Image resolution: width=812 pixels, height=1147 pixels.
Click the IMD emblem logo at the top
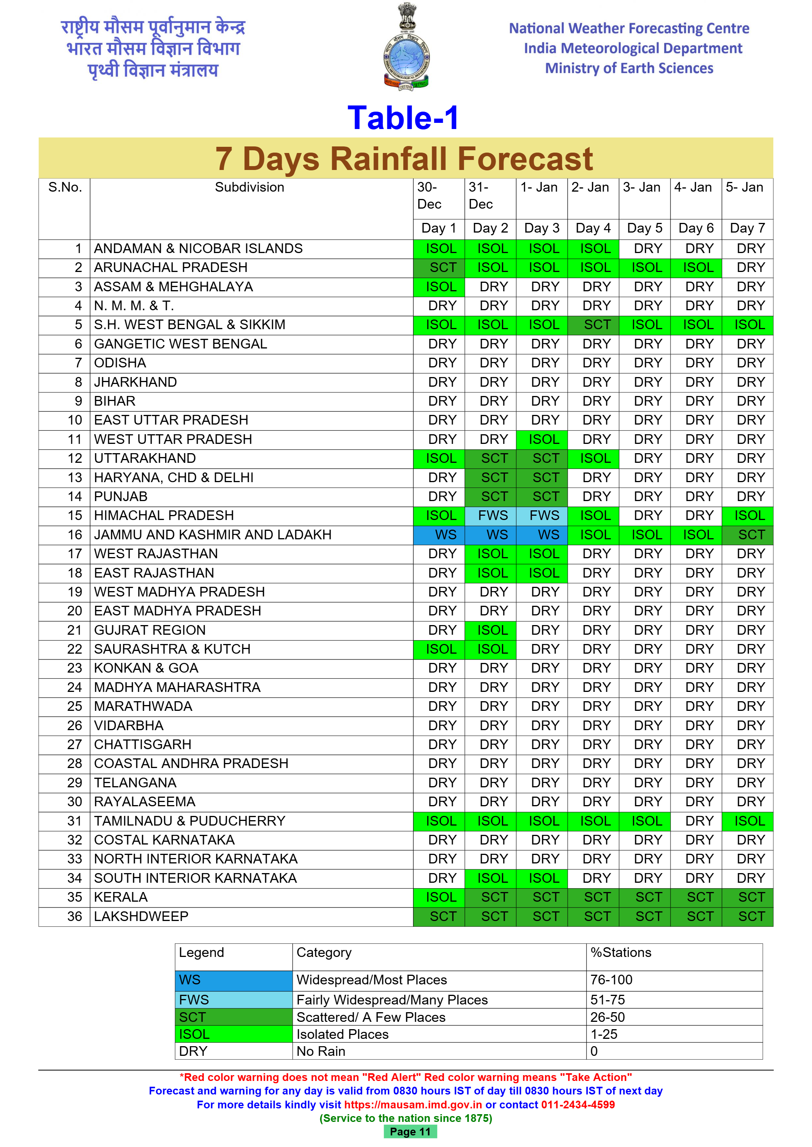[x=406, y=48]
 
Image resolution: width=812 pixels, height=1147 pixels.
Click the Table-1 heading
[x=403, y=118]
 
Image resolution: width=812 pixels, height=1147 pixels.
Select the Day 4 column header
[x=593, y=228]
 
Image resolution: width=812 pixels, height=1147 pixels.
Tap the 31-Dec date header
[x=481, y=195]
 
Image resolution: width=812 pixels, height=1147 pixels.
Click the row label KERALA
[x=121, y=897]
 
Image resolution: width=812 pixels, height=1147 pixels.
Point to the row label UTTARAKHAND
[x=145, y=458]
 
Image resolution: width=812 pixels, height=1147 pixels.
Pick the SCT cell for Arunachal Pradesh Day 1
[x=439, y=268]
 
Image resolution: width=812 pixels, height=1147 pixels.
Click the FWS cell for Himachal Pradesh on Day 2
[x=491, y=515]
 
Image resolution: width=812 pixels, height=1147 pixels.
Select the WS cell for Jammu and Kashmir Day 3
[x=542, y=535]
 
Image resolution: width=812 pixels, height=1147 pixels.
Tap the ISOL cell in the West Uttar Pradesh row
[x=542, y=440]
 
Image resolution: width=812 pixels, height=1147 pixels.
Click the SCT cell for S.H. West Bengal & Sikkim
[x=594, y=325]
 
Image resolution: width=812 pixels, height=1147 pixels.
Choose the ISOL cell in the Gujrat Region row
[x=491, y=630]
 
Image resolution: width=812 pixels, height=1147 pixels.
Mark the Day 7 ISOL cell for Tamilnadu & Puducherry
[x=747, y=821]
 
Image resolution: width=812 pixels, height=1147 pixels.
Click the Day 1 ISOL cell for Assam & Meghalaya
[x=439, y=287]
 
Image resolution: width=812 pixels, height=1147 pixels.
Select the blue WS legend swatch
[x=234, y=980]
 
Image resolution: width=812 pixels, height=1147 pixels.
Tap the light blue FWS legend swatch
[x=234, y=1000]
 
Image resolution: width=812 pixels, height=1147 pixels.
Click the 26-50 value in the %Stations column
[x=607, y=1017]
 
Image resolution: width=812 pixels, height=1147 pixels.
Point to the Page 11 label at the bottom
[x=410, y=1132]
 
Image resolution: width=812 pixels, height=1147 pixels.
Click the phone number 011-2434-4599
[x=578, y=1105]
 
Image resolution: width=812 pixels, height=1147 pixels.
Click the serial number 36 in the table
[x=75, y=917]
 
